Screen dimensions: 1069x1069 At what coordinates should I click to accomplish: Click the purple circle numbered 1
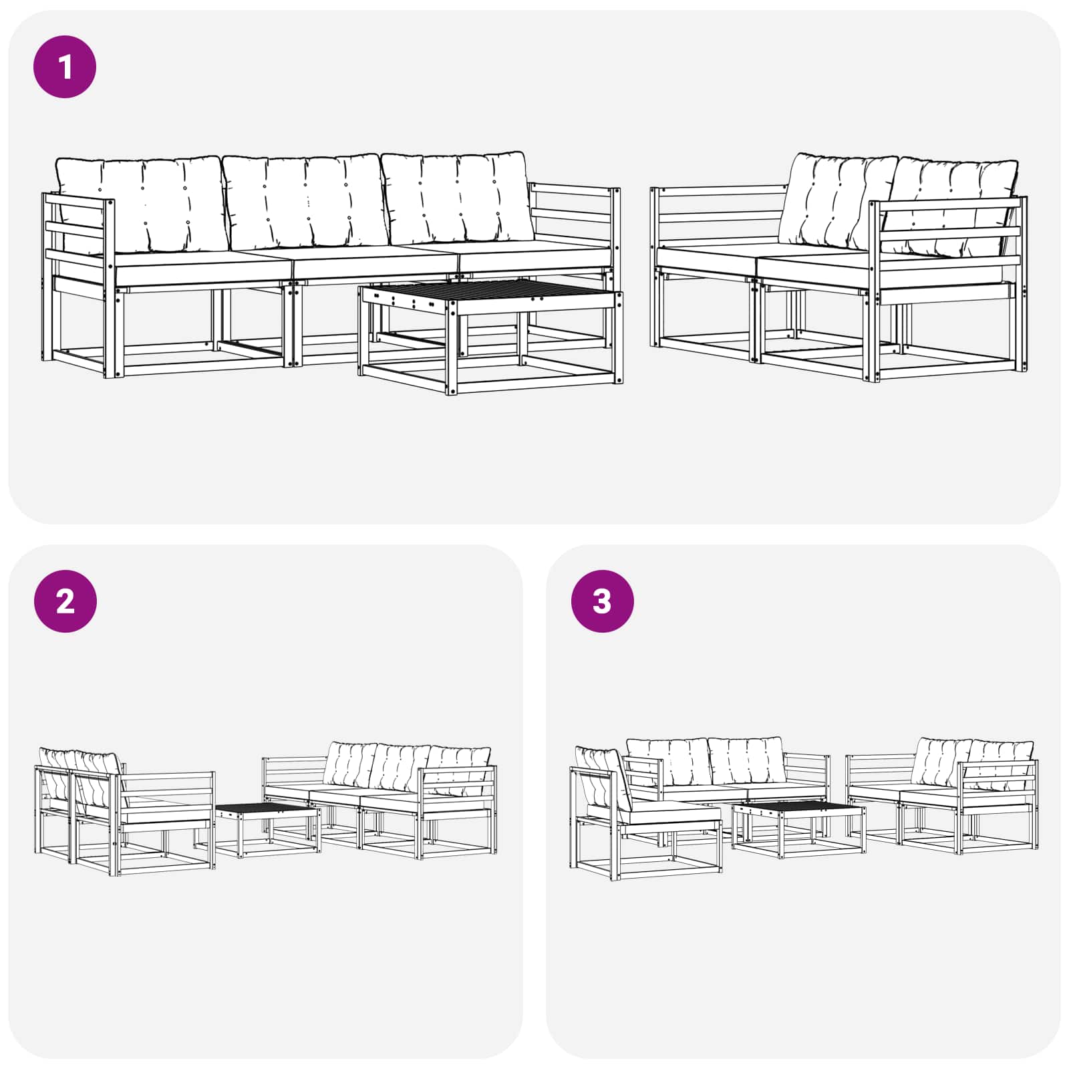click(x=65, y=67)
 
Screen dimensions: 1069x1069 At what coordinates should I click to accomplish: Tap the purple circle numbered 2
click(x=65, y=601)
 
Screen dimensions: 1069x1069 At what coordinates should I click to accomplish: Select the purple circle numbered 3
click(x=602, y=601)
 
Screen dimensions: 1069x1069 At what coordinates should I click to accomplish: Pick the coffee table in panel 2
click(x=267, y=828)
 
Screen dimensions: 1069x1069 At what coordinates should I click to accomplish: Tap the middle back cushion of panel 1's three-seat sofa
click(x=305, y=200)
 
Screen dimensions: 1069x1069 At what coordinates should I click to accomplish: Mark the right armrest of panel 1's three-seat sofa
click(x=575, y=214)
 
